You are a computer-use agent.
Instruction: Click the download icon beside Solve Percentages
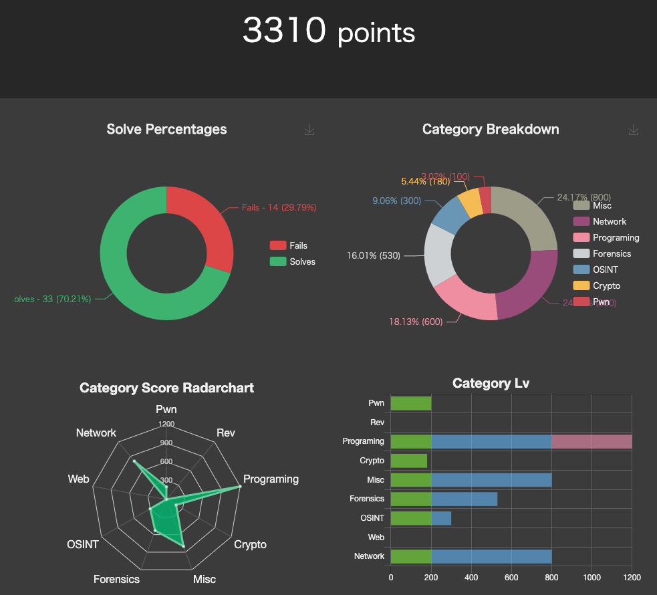[309, 130]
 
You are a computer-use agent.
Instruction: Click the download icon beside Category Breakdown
[634, 130]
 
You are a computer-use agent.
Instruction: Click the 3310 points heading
[328, 31]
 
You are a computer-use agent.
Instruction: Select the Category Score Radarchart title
[166, 388]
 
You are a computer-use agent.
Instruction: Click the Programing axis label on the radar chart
[271, 479]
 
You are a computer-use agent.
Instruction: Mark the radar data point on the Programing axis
[239, 486]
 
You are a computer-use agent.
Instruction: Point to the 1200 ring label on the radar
[166, 424]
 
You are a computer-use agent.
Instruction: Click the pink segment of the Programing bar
[592, 441]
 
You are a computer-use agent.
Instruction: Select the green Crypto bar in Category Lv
[408, 461]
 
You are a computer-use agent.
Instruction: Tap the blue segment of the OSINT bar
[441, 518]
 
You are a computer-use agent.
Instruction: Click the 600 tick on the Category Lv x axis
[511, 577]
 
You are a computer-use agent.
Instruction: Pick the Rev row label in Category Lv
[377, 423]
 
